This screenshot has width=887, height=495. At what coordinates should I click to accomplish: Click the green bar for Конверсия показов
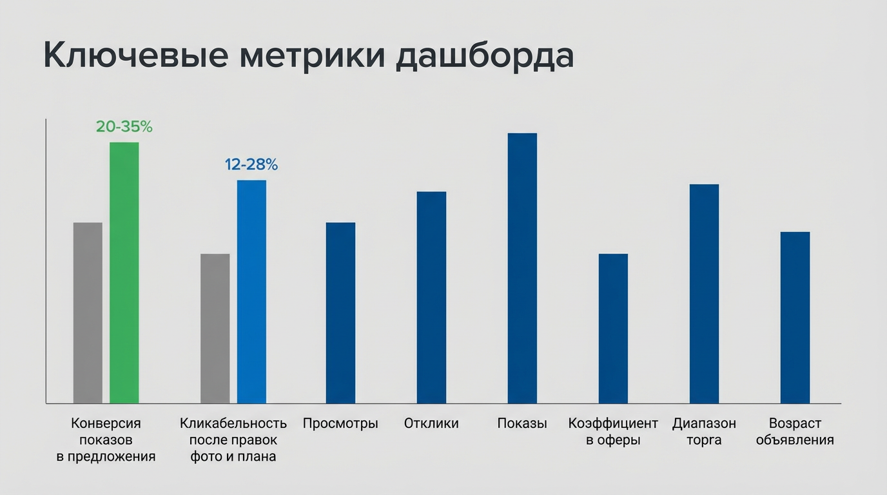point(124,273)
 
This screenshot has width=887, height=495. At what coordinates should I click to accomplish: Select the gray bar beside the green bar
point(88,313)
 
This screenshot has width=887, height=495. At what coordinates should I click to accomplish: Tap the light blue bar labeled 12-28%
point(251,291)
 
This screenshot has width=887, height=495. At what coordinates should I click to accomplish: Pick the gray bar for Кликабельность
point(215,328)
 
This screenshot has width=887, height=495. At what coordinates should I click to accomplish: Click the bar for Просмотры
point(340,313)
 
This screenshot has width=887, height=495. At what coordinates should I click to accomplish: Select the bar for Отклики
point(431,297)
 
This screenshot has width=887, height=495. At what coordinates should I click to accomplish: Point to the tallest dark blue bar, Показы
point(522,268)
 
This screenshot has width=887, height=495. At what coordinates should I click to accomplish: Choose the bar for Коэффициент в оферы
point(613,328)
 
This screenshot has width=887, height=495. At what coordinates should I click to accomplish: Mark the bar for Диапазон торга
point(704,293)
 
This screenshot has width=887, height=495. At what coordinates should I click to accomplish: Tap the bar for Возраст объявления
point(795,317)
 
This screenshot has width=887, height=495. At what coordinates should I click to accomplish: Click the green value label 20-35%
point(124,127)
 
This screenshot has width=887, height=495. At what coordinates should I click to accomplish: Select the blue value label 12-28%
point(251,165)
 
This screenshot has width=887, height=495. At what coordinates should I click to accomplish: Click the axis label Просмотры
point(340,423)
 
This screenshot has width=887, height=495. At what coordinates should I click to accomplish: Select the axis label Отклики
point(431,423)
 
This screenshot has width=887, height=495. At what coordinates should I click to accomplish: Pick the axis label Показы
point(522,423)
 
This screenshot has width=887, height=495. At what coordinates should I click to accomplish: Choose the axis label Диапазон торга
point(704,432)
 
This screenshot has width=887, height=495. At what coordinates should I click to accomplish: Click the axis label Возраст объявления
point(795,432)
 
